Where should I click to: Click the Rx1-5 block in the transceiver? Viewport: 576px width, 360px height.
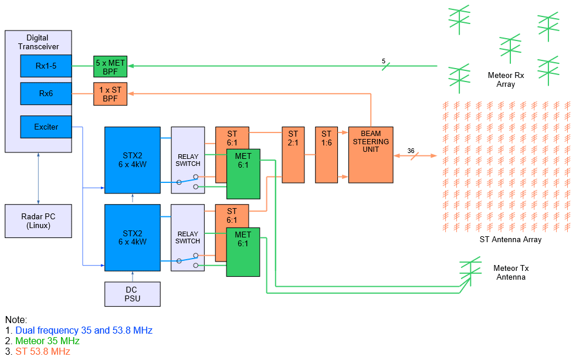click(46, 66)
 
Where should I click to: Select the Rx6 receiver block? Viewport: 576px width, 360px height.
click(46, 93)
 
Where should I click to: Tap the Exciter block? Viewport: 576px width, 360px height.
click(46, 127)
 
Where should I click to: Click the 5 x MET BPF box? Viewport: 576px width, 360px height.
click(110, 66)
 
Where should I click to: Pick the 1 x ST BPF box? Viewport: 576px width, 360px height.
click(110, 94)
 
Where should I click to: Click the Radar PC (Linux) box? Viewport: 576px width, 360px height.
click(38, 220)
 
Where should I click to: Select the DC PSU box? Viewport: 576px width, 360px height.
click(132, 294)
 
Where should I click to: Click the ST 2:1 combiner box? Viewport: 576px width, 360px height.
click(294, 155)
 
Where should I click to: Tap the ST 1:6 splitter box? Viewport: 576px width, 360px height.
click(326, 155)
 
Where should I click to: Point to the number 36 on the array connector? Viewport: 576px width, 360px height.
click(411, 151)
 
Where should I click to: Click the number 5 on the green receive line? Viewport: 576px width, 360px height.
click(384, 61)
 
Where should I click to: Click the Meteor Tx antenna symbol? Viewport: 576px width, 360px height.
click(470, 270)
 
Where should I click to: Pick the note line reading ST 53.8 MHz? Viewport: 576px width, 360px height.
click(42, 351)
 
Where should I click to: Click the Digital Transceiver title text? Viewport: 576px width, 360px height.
click(38, 42)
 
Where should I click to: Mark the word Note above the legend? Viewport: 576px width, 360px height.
click(16, 320)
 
